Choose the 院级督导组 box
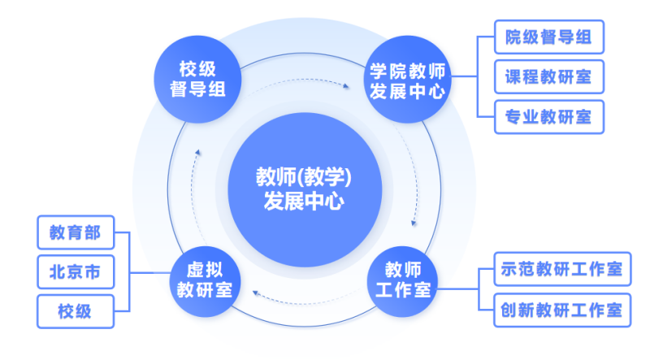(x=548, y=37)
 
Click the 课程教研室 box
(x=548, y=77)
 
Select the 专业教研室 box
(x=548, y=117)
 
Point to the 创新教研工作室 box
(x=561, y=310)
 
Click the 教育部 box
(x=75, y=233)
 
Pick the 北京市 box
(x=75, y=272)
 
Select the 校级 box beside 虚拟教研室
(x=75, y=311)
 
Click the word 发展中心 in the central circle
(x=303, y=200)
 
